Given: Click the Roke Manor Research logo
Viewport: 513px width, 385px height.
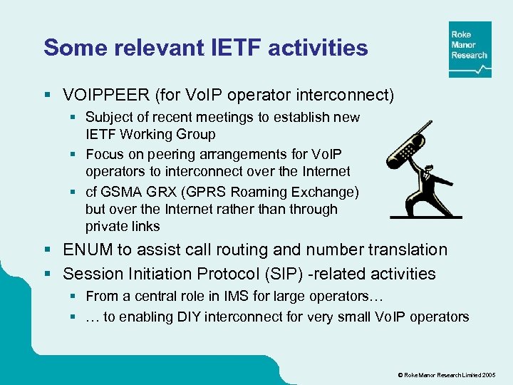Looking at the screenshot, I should click(x=470, y=49).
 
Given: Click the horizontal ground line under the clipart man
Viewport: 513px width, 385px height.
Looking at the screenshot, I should click(x=426, y=217).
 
